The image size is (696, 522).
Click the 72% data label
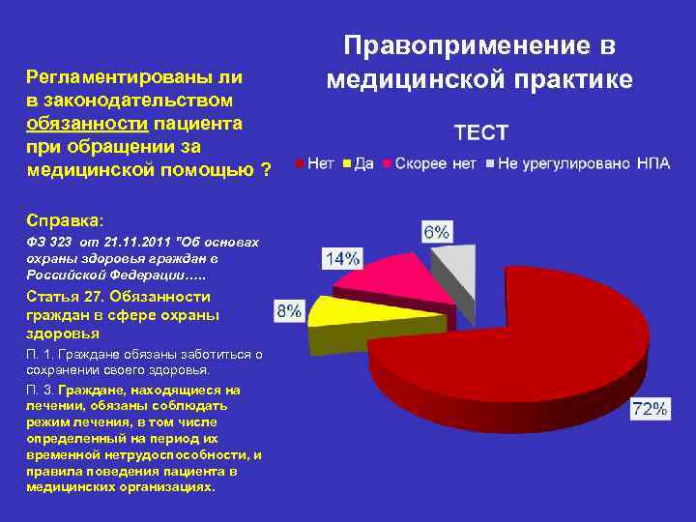point(650,409)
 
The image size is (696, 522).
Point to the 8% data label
point(289,311)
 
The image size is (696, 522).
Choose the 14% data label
point(342,258)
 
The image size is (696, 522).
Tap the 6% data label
point(436,232)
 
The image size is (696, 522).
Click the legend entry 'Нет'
point(319,163)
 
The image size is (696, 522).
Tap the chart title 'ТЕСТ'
point(481,131)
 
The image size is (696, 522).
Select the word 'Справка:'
point(59,217)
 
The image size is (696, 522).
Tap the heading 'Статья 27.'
point(64,297)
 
